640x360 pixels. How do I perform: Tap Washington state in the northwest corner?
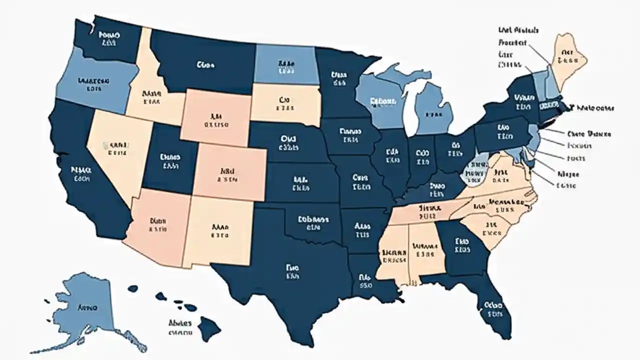coord(110,40)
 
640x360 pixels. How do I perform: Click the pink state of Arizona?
coord(157,225)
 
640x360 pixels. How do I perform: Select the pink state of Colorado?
coord(227,172)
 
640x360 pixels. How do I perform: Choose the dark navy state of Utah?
coord(170,160)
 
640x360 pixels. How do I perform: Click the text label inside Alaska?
coord(87,307)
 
